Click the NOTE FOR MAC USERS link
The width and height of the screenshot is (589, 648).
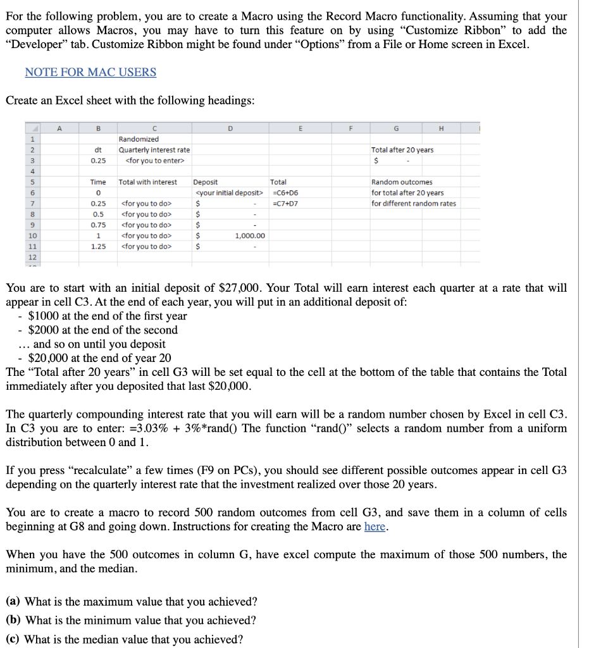click(x=90, y=72)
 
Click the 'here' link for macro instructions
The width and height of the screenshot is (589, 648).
click(x=375, y=526)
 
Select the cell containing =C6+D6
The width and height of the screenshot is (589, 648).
click(x=285, y=192)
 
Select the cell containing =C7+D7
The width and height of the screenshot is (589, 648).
click(x=285, y=203)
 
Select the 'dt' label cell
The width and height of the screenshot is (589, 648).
click(x=98, y=150)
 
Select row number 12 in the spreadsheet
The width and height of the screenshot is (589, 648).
click(x=14, y=257)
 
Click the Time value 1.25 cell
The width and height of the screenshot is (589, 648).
click(x=98, y=246)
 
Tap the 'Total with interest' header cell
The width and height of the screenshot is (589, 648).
click(x=148, y=182)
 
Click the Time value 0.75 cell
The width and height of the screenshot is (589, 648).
click(x=98, y=225)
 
